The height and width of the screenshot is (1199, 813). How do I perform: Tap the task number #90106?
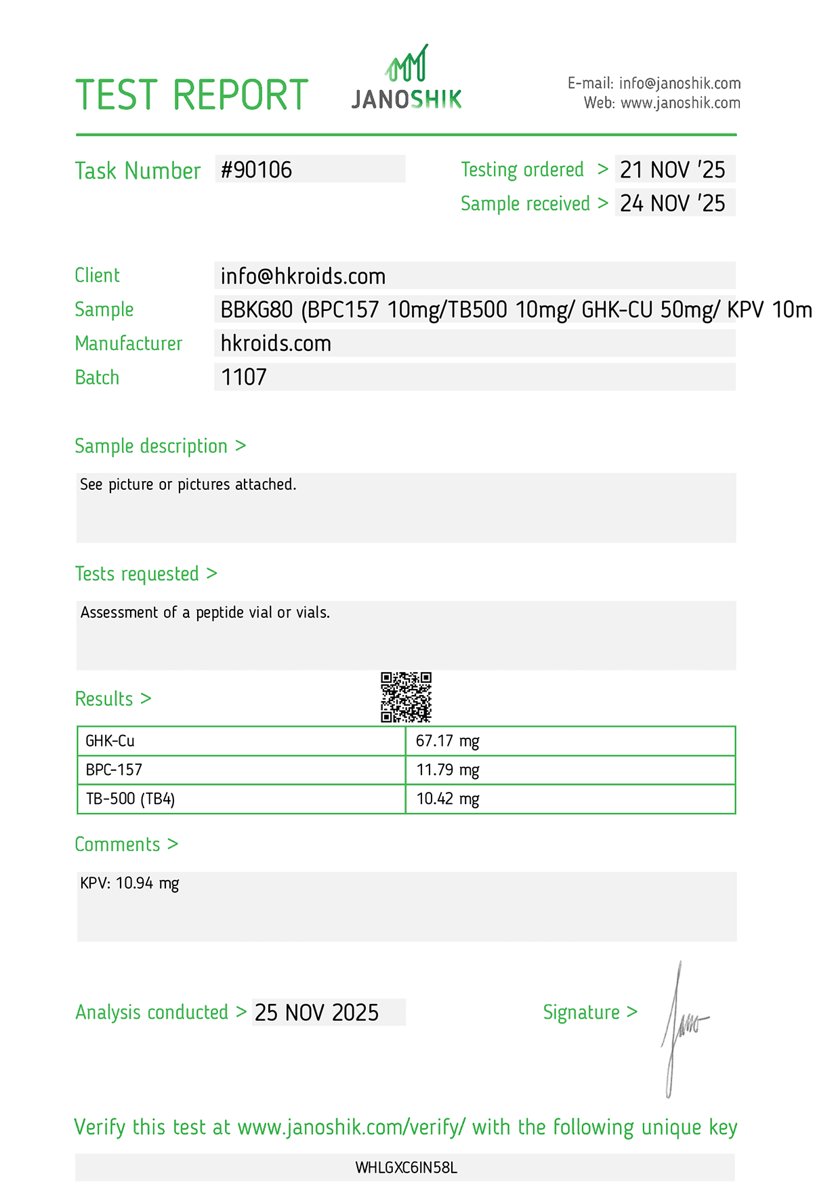(x=257, y=169)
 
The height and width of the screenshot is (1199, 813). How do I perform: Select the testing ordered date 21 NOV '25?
(x=672, y=169)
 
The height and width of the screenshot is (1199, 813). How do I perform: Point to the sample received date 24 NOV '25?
(x=672, y=203)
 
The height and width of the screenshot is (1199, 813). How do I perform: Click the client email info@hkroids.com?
(x=303, y=276)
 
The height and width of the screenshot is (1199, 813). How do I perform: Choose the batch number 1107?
(x=244, y=377)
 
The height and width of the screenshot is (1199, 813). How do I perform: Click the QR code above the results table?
(x=406, y=697)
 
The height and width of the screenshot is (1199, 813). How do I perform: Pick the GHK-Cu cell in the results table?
(x=110, y=741)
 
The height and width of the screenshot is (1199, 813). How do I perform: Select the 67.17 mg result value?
(x=447, y=741)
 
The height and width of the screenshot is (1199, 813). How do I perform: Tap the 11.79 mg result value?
(x=447, y=770)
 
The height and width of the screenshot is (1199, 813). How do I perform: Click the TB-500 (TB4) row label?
(x=130, y=799)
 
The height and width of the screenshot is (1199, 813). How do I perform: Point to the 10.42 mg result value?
(x=447, y=799)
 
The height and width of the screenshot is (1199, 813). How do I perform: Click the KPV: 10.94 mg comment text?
(x=129, y=883)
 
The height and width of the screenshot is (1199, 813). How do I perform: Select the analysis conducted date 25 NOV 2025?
(x=316, y=1013)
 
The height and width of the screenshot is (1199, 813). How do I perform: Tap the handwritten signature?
(x=681, y=1026)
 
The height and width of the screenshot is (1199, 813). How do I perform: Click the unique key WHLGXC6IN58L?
(x=406, y=1168)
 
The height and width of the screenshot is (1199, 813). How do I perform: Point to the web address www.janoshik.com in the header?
(x=680, y=103)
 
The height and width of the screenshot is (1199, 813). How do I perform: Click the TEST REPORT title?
(x=192, y=95)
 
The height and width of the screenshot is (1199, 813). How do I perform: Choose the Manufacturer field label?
(x=129, y=343)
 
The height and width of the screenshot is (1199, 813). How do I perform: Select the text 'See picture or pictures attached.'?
(x=188, y=484)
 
